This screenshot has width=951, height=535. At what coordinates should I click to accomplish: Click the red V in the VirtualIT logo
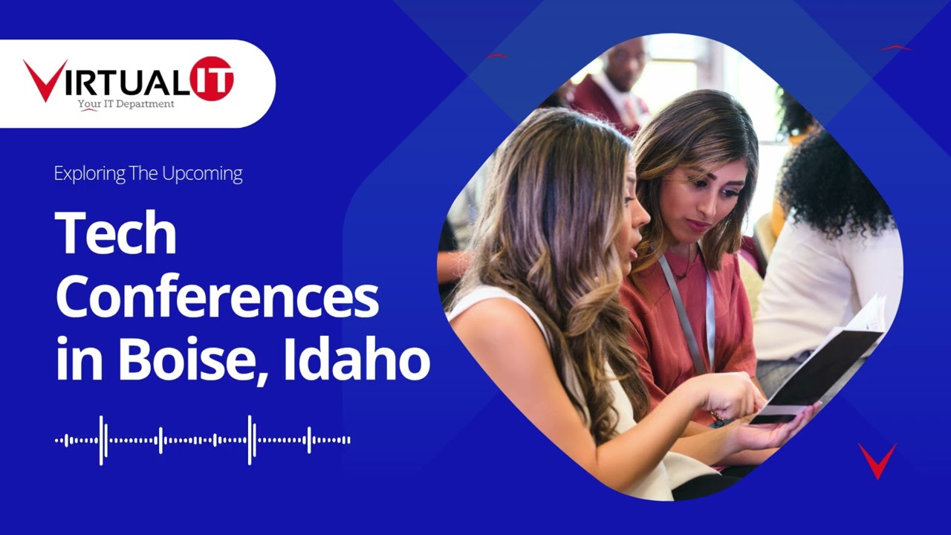(x=45, y=80)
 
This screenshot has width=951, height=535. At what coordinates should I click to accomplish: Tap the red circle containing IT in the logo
(x=212, y=78)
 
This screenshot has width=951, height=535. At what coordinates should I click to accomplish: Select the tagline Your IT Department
(x=126, y=104)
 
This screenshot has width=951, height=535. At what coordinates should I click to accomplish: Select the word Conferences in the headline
(x=217, y=297)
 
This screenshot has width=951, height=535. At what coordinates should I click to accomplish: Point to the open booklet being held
(x=825, y=364)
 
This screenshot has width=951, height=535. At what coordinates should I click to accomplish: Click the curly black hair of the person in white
(x=832, y=178)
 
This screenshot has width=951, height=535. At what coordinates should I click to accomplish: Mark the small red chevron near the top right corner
(x=897, y=48)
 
